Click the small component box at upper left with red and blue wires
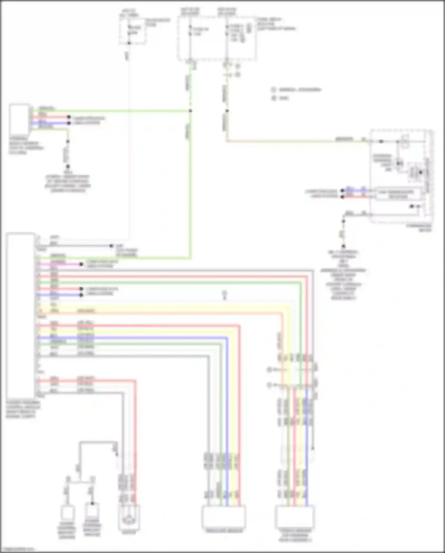point(20,119)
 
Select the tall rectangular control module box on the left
point(20,315)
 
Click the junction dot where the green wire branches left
point(190,111)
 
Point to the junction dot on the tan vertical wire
point(227,111)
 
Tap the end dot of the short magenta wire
point(81,264)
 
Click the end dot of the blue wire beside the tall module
point(81,295)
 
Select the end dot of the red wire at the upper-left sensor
point(69,117)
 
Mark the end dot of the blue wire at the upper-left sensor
point(69,123)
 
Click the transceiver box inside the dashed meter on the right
point(398,194)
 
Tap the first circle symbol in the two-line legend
point(274,89)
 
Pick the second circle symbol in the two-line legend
point(274,98)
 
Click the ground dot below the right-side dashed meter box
point(343,246)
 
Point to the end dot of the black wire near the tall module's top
point(111,246)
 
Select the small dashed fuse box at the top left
point(133,31)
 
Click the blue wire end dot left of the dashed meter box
point(342,190)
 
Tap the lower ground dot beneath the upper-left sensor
point(68,167)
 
